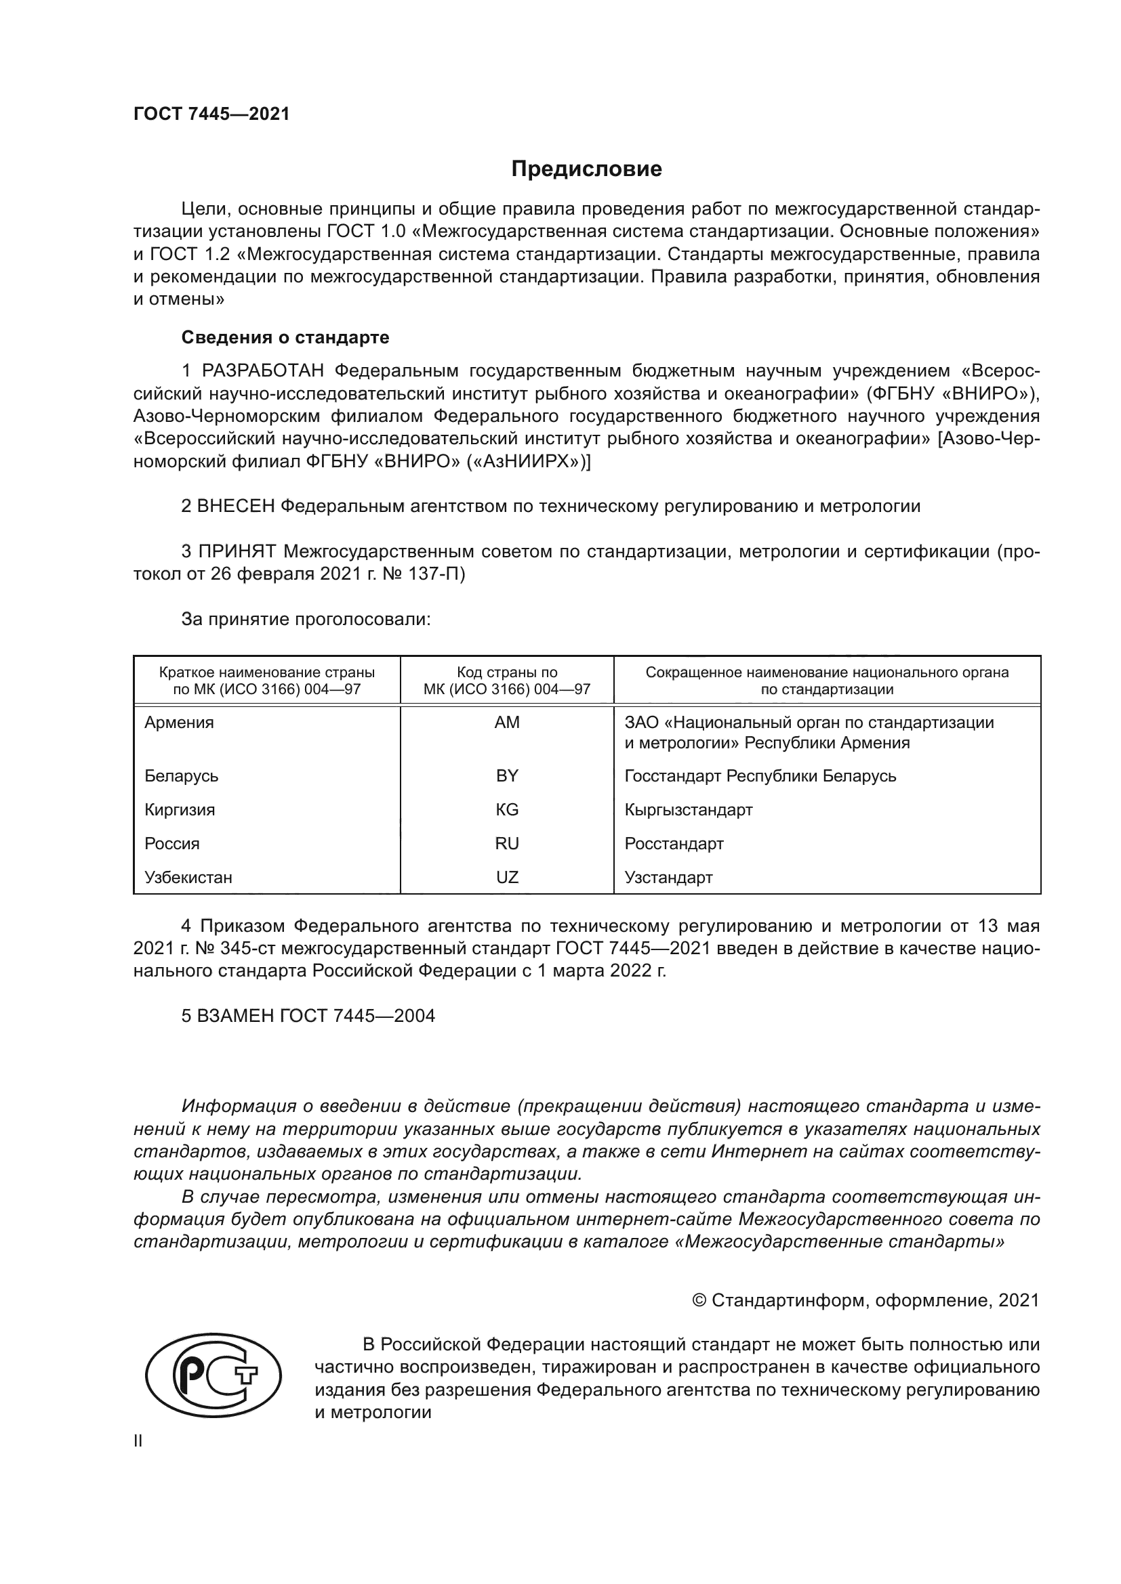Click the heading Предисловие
point(586,169)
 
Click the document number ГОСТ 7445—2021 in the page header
point(211,114)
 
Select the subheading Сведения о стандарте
point(285,337)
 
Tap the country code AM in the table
point(507,723)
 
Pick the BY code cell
point(507,775)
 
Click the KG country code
point(507,809)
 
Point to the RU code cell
point(507,843)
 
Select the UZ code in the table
point(507,877)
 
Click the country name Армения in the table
point(180,723)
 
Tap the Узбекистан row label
point(188,877)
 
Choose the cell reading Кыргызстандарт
point(688,809)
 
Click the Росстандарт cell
point(674,843)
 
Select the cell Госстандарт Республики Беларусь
point(760,775)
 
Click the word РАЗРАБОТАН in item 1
point(262,371)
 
